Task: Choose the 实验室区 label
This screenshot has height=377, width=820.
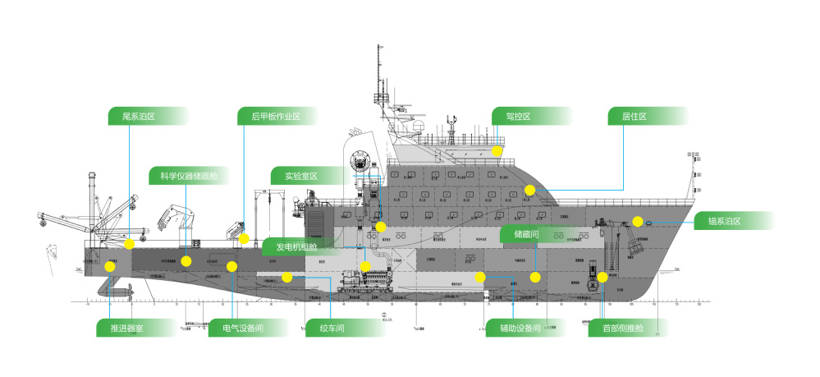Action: pyautogui.click(x=300, y=176)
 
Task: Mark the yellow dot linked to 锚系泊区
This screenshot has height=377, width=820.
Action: pyautogui.click(x=637, y=222)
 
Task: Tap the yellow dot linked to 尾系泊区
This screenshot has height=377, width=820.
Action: pyautogui.click(x=130, y=244)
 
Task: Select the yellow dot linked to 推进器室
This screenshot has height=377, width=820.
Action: pyautogui.click(x=110, y=266)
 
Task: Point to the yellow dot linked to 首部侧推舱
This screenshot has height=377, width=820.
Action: pyautogui.click(x=602, y=277)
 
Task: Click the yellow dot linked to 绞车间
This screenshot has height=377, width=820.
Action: pyautogui.click(x=286, y=277)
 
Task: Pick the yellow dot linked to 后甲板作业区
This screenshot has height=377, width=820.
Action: pyautogui.click(x=245, y=239)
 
